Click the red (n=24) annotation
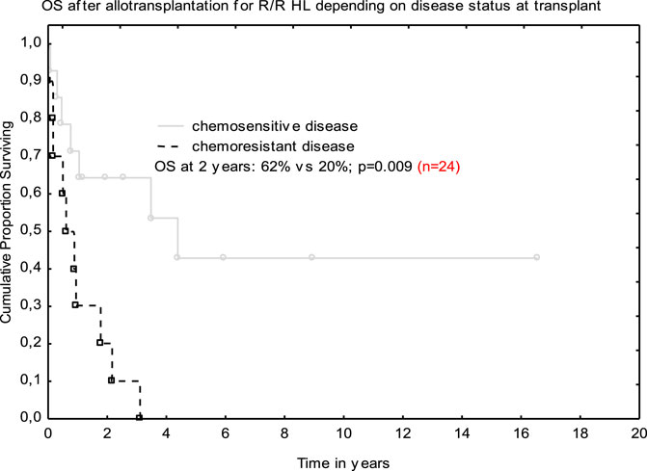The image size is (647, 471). (439, 167)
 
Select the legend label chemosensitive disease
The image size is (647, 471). (275, 125)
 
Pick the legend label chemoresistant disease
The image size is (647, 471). (273, 146)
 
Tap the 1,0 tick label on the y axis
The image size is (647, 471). (30, 43)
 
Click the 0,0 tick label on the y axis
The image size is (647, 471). (30, 417)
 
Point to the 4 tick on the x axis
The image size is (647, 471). (166, 416)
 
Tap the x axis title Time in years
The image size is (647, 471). (343, 463)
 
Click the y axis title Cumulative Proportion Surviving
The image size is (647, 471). (6, 222)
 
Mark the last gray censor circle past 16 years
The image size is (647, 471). (537, 257)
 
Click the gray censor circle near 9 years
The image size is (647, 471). (312, 257)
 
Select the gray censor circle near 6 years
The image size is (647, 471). (224, 257)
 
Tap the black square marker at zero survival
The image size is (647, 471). (140, 417)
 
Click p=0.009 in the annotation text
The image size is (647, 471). (385, 167)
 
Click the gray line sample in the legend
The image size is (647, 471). (170, 125)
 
